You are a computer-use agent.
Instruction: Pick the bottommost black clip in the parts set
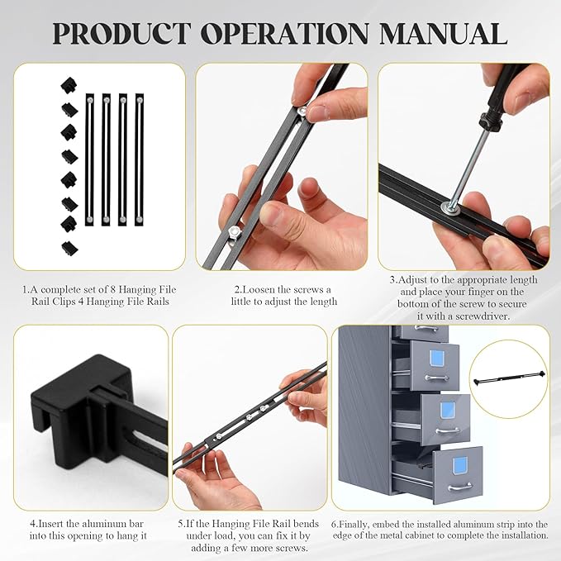coord(68,246)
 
